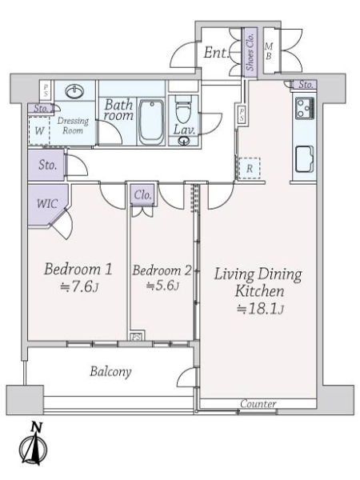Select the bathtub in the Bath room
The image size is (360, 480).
pos(151,122)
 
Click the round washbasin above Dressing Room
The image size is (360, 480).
pos(74,91)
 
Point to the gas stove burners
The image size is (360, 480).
pos(305,108)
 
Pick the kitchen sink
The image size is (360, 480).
pos(304,159)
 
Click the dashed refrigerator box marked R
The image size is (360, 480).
pos(249,168)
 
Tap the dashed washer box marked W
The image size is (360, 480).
pos(39,130)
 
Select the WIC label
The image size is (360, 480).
pos(47,203)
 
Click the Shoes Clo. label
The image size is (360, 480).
pos(250,51)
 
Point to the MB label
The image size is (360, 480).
pos(269,51)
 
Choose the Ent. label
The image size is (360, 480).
pos(216,52)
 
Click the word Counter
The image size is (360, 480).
pos(258,403)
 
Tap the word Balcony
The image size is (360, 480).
pos(110,372)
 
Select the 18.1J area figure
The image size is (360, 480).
pos(260,309)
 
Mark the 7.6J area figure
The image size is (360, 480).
pos(79,287)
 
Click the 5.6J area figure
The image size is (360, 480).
pos(162,286)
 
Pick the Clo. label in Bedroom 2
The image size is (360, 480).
pos(143,194)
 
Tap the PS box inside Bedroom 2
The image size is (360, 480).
pos(137,337)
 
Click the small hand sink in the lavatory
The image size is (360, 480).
pos(184,141)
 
